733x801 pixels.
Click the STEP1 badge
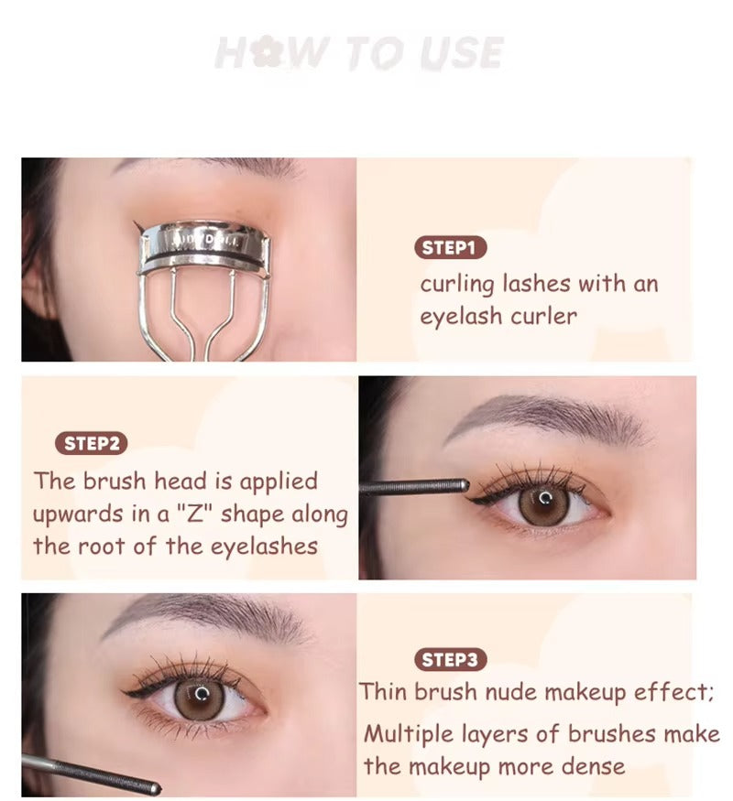tap(450, 247)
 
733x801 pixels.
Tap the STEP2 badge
tap(92, 444)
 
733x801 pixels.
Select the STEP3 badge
tap(450, 659)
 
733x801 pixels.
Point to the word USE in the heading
tap(464, 54)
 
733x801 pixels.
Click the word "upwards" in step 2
tap(73, 514)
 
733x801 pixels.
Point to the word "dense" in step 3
tap(595, 766)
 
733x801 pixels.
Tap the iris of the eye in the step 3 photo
tap(199, 697)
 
